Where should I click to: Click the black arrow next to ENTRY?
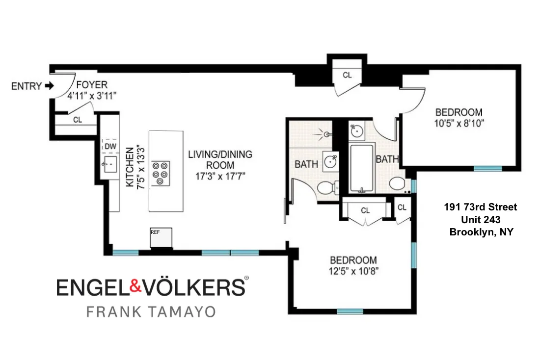click(x=49, y=86)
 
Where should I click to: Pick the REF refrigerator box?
click(x=162, y=237)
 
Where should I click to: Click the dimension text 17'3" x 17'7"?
click(x=220, y=175)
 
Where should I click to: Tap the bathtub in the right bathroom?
click(x=362, y=168)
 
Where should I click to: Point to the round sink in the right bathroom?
click(x=357, y=131)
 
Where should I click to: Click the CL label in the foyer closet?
click(x=77, y=120)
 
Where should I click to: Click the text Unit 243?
click(x=481, y=220)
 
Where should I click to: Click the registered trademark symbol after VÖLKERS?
click(x=246, y=278)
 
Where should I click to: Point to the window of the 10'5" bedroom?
click(x=487, y=169)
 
